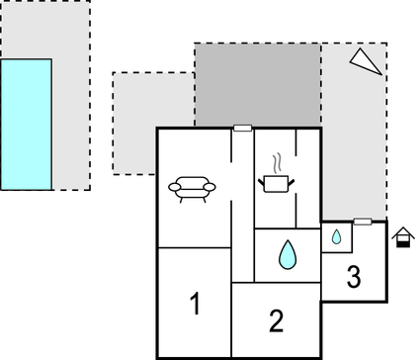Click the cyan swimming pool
26,124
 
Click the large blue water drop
287,254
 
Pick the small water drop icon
336,237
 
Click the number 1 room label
195,304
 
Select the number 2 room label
277,319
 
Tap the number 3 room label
353,278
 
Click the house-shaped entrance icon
402,237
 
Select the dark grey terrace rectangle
257,85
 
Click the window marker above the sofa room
242,128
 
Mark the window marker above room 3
363,222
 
